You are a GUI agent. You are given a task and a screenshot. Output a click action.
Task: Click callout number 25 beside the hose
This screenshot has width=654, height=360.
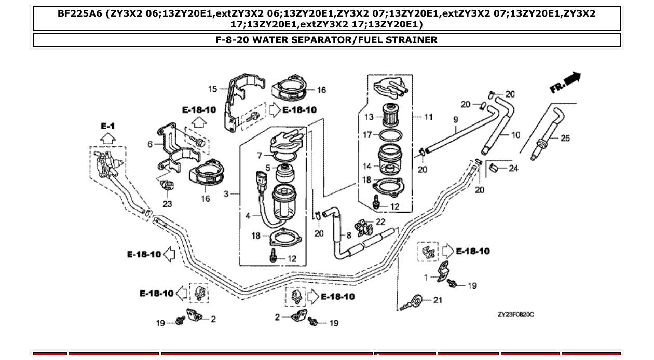click(x=565, y=138)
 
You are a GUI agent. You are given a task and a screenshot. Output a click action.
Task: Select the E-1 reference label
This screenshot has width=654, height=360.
click(x=107, y=126)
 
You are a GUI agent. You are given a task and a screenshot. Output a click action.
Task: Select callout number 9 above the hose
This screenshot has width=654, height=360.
click(x=455, y=119)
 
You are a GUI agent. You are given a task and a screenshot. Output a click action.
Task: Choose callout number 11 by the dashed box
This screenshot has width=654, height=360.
click(x=428, y=117)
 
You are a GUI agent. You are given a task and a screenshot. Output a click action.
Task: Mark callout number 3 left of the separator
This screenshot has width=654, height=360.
click(x=226, y=194)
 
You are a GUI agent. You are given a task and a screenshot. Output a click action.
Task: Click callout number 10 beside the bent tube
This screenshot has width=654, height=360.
click(x=515, y=135)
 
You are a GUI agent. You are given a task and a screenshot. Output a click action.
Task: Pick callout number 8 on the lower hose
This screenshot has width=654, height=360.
click(x=348, y=234)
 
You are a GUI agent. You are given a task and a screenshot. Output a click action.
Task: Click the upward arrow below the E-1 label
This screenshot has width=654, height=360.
click(x=107, y=138)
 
